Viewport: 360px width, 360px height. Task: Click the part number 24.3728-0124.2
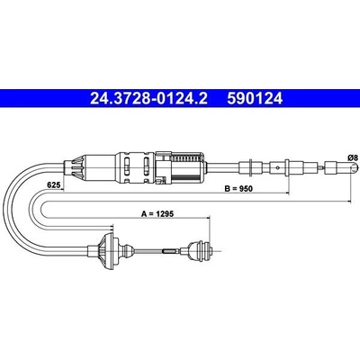pos(148,98)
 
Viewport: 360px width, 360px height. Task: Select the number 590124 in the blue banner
pos(255,98)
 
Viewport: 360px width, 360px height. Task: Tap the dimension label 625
pos(52,185)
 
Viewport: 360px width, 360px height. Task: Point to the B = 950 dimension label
pos(238,189)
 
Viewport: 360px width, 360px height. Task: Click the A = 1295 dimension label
pos(157,213)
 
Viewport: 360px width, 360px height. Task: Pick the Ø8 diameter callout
pos(353,157)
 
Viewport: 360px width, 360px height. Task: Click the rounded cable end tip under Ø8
pos(355,167)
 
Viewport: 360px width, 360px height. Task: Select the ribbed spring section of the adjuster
pos(186,157)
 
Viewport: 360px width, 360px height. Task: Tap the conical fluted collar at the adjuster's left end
pos(74,167)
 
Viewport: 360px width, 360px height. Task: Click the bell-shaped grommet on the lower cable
pos(109,249)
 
